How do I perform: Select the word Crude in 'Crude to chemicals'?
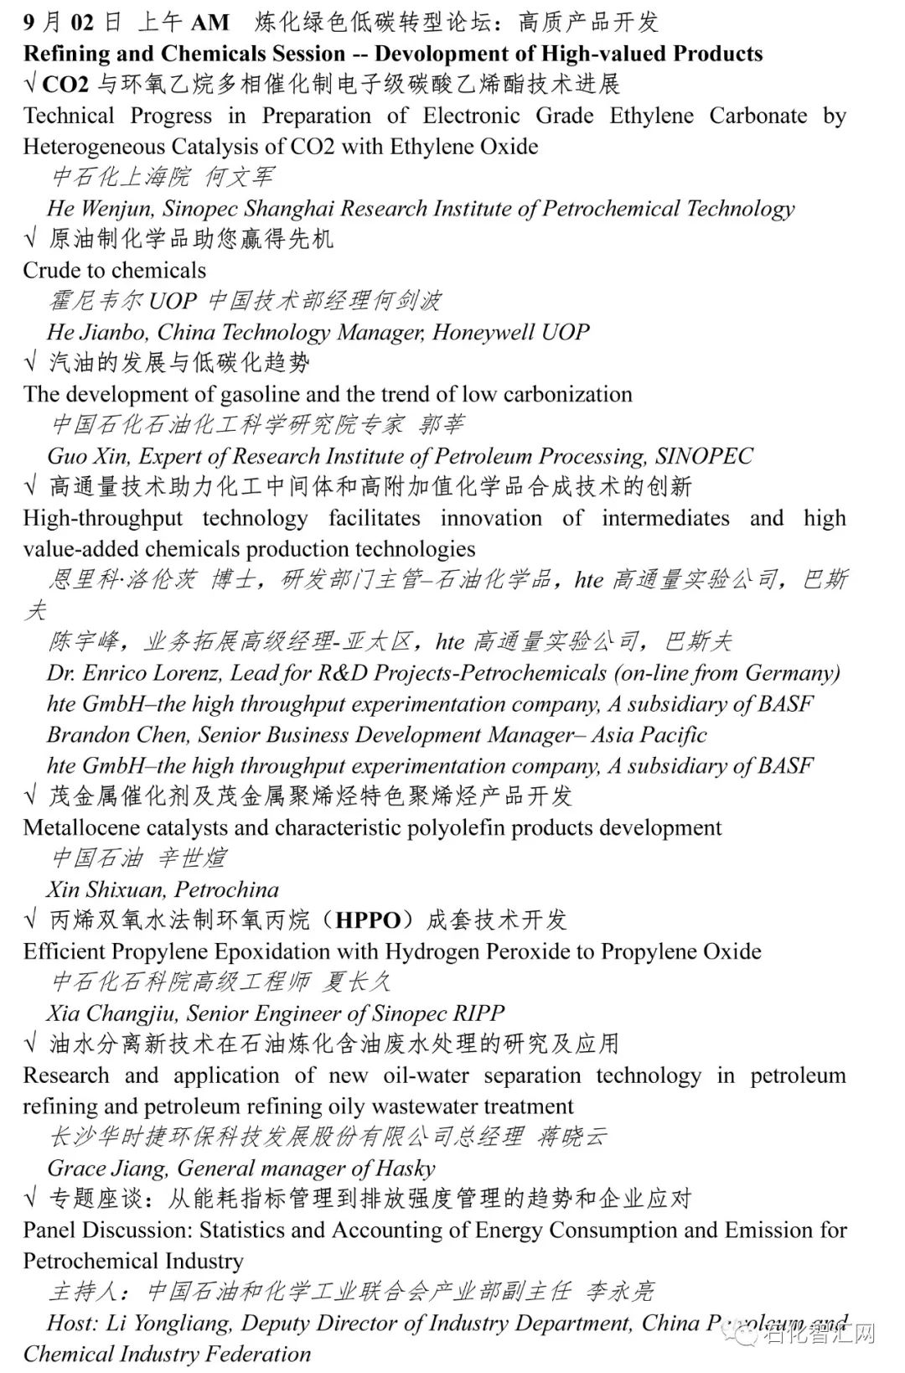point(52,270)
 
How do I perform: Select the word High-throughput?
point(102,518)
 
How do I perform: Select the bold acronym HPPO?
point(368,920)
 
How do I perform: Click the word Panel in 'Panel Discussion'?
point(50,1231)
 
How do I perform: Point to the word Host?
point(71,1324)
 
